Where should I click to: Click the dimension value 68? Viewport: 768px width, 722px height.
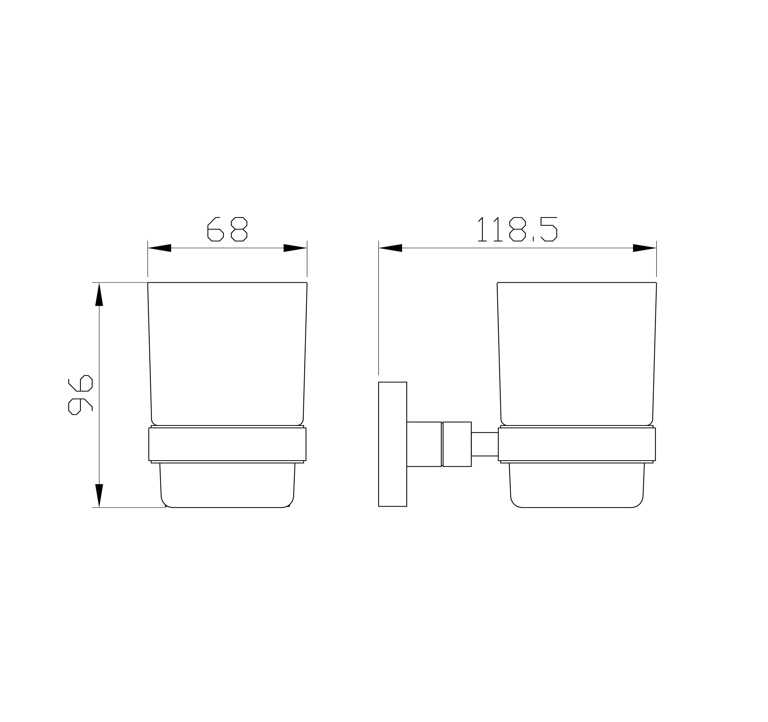tap(227, 229)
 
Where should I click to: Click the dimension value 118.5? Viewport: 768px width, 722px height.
tap(517, 229)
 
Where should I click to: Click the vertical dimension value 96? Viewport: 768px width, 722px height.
tap(80, 395)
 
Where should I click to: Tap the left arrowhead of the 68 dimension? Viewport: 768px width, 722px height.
tap(160, 248)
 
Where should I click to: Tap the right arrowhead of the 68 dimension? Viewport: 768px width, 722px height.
tap(295, 248)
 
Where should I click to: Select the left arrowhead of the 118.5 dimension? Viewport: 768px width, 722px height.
tap(391, 248)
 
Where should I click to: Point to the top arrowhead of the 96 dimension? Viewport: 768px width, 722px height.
tap(99, 295)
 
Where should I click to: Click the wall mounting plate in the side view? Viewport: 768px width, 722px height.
tap(393, 444)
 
